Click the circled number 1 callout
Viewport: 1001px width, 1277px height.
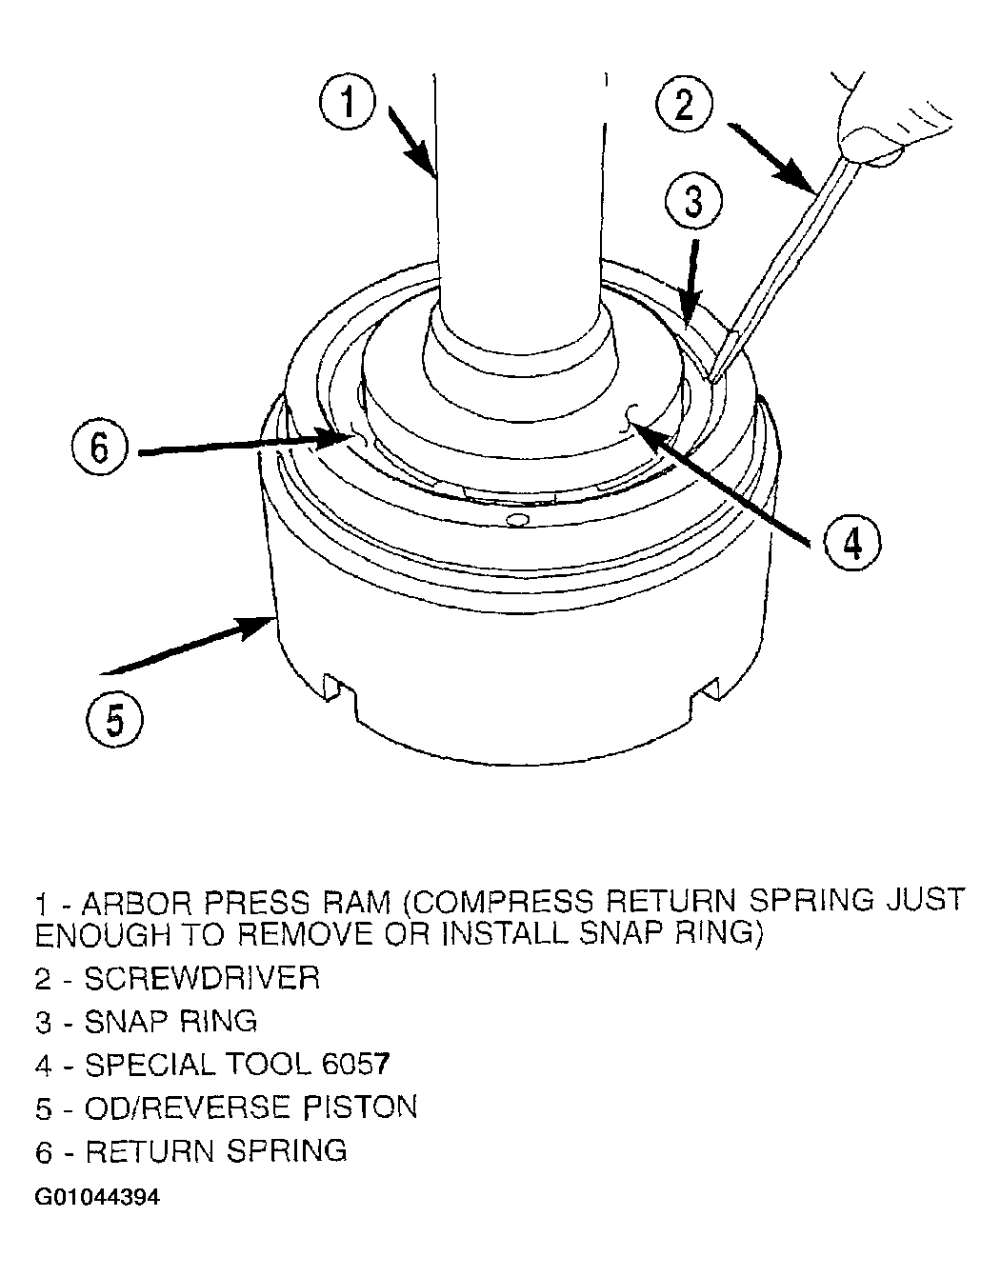click(x=348, y=101)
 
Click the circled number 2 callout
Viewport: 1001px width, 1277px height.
click(x=684, y=106)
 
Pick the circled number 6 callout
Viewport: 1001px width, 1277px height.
click(x=99, y=447)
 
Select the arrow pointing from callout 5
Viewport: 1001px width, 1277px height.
click(x=188, y=645)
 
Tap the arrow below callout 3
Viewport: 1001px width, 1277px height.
click(x=692, y=283)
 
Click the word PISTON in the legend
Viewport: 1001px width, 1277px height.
click(x=360, y=1107)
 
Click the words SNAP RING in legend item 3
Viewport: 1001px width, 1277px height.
click(x=171, y=1022)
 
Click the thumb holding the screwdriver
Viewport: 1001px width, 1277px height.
click(x=870, y=147)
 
